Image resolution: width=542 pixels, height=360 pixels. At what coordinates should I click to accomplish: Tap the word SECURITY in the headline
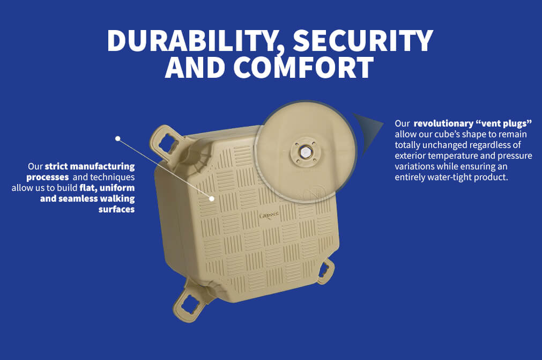[363, 41]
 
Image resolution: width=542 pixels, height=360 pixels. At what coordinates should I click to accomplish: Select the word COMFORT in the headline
[304, 67]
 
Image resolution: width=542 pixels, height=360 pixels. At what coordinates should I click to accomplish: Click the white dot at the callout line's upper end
[118, 138]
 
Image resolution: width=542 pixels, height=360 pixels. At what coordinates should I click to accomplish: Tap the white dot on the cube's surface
[212, 199]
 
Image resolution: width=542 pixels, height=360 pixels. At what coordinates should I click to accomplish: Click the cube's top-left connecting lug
[166, 143]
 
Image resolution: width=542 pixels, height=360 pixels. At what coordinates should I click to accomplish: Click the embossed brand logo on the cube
[269, 216]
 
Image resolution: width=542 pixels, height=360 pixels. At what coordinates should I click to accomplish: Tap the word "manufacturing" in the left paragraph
[102, 166]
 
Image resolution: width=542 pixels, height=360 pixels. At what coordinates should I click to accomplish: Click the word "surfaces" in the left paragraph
[116, 209]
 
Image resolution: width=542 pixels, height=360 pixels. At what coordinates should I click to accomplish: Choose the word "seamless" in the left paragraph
[78, 199]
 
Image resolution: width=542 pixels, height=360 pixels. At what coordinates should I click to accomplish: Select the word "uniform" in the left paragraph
[117, 188]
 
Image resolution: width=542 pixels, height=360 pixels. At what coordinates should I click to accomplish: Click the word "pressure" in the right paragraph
[515, 156]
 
